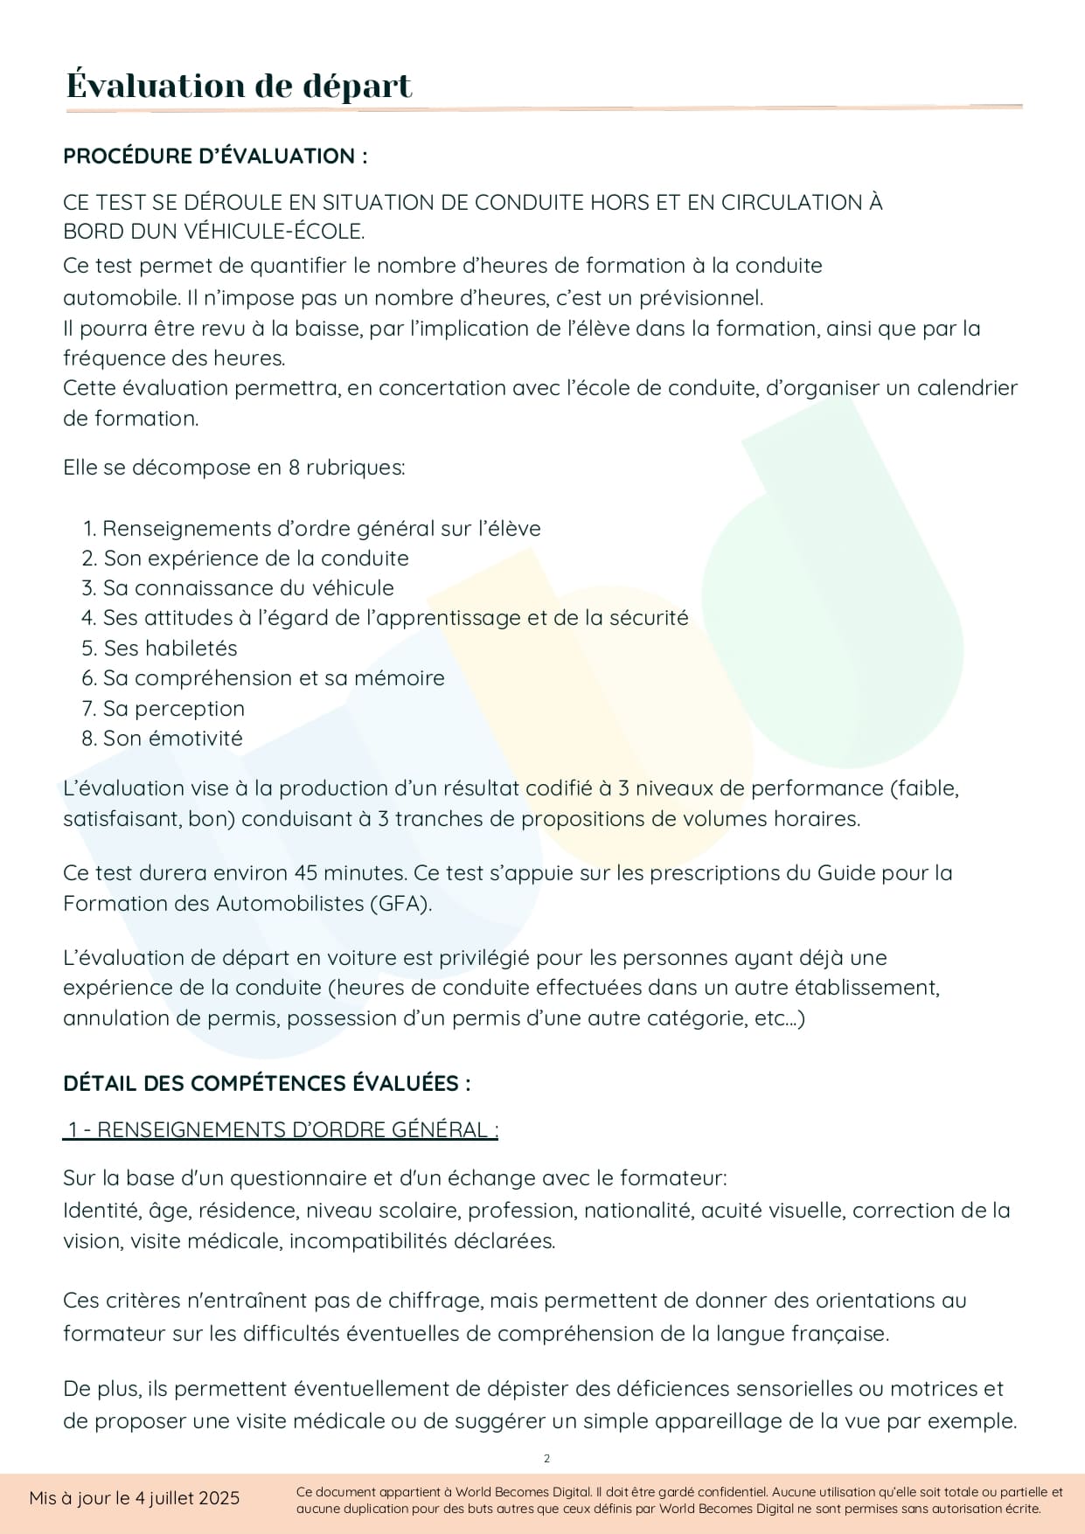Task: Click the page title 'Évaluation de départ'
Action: (x=239, y=86)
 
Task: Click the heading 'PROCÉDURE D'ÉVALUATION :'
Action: (x=215, y=156)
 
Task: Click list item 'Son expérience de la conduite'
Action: (x=255, y=559)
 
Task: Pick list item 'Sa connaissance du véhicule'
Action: (x=248, y=588)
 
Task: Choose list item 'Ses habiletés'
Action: (x=170, y=649)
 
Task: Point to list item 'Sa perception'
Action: (x=173, y=709)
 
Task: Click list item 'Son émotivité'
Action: (x=172, y=739)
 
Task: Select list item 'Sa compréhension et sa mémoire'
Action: (x=273, y=678)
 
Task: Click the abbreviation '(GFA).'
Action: (x=401, y=904)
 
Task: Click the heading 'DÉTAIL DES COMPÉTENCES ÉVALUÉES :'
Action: (x=267, y=1084)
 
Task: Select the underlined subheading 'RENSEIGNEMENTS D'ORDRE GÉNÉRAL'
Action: (x=292, y=1130)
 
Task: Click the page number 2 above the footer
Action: (x=547, y=1458)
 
